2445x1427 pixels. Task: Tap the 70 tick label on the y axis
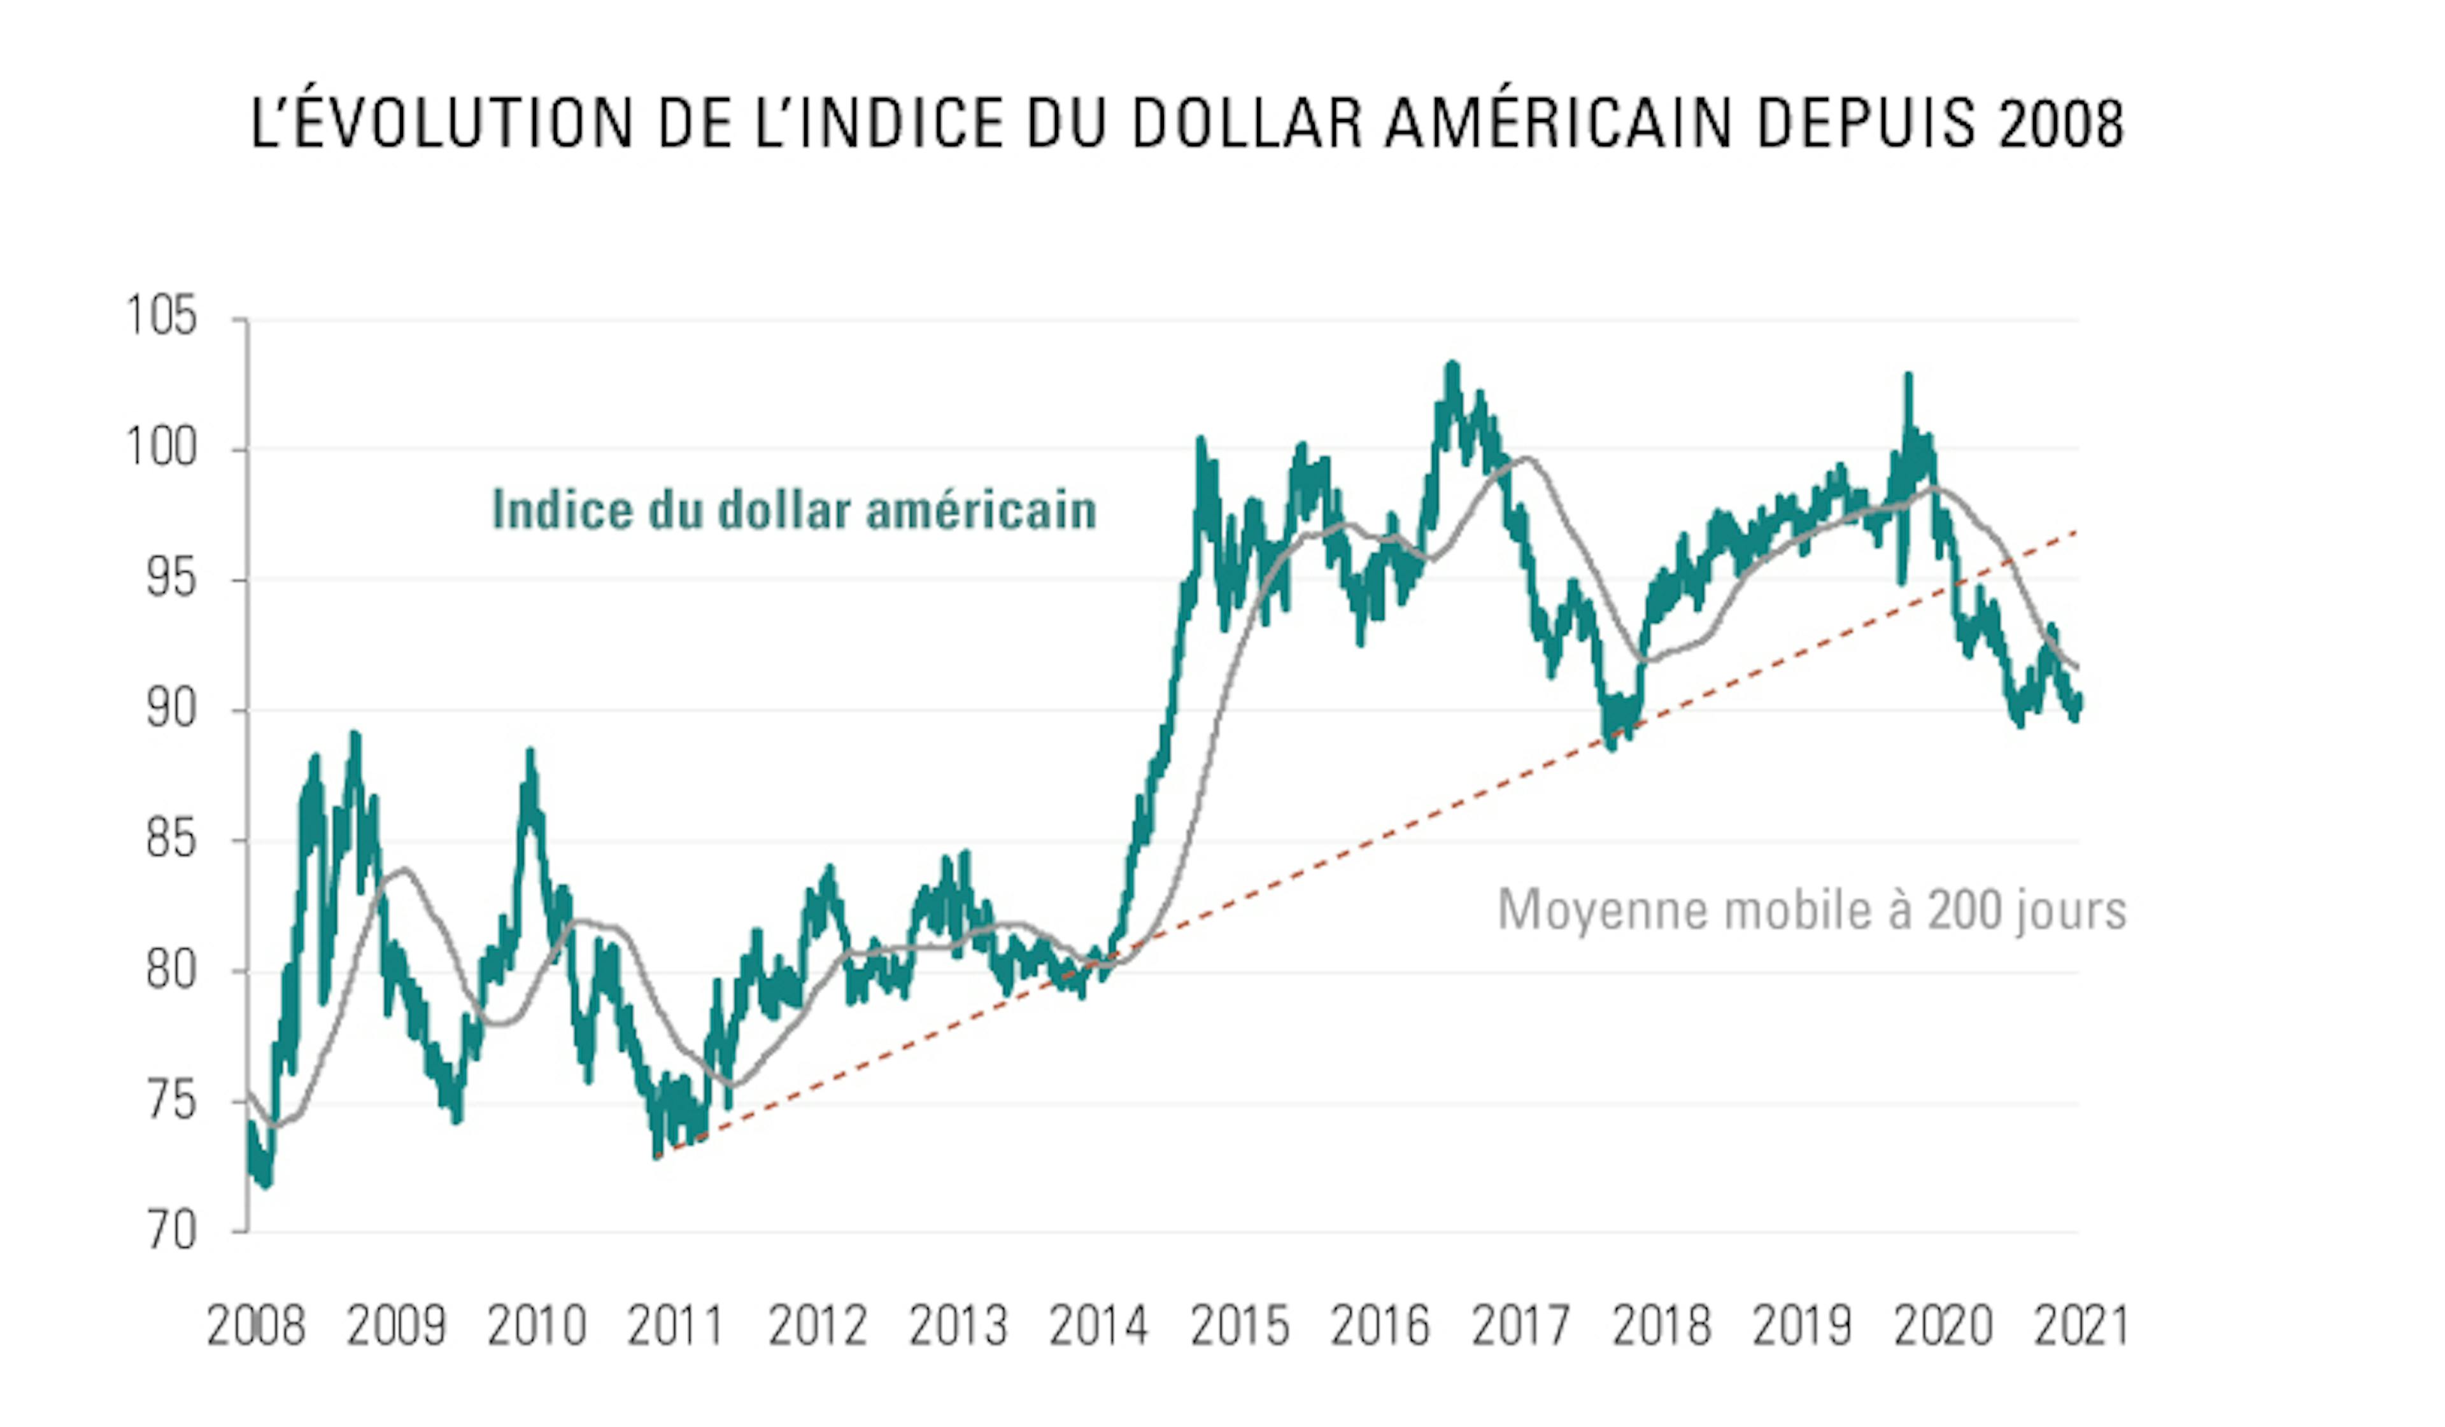point(172,1232)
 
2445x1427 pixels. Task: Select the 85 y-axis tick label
point(172,840)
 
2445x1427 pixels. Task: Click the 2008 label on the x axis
point(256,1326)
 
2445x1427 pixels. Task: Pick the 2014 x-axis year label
point(1098,1326)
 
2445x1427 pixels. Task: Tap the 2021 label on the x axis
point(2081,1326)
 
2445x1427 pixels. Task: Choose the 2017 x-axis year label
point(1520,1326)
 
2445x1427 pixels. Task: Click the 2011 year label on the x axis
point(676,1326)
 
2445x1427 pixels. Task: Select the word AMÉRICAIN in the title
point(1558,124)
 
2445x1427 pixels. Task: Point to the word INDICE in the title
point(902,124)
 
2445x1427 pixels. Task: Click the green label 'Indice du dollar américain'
point(793,510)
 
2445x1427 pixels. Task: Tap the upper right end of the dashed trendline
point(2076,531)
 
